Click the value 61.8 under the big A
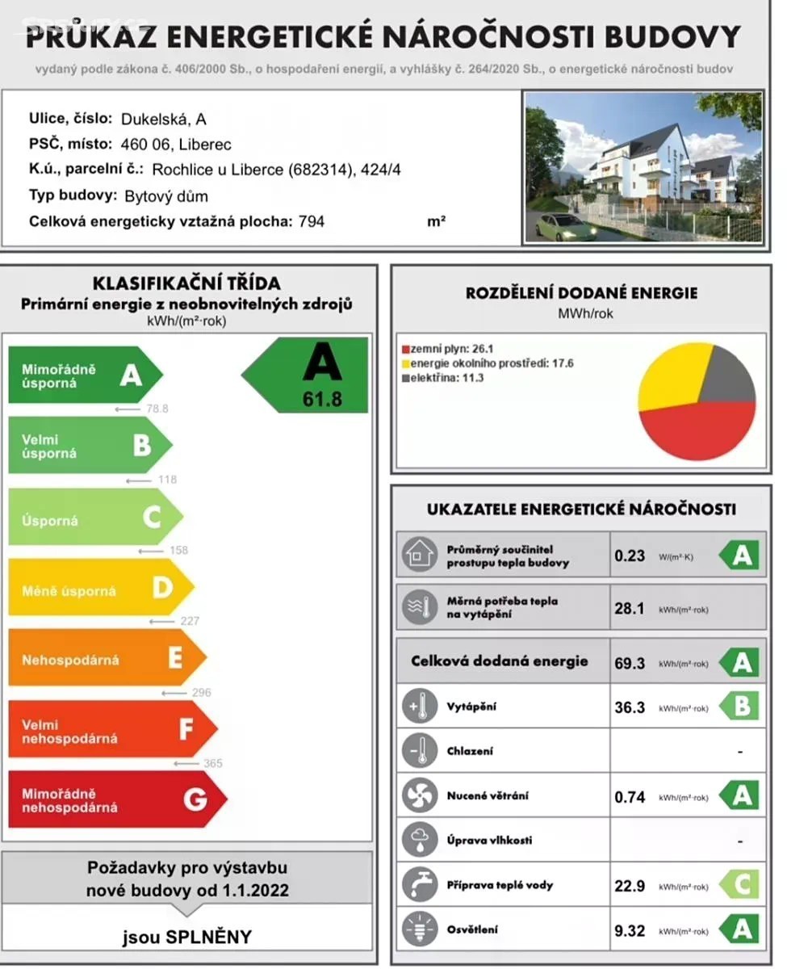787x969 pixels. click(323, 398)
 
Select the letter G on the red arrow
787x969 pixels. click(195, 799)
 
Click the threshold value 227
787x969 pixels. click(190, 621)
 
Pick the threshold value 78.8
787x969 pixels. click(157, 409)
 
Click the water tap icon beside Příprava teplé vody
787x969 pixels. click(420, 885)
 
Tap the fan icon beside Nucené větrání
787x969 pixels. click(420, 796)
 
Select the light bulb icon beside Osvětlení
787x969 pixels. click(420, 930)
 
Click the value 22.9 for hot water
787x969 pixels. click(630, 886)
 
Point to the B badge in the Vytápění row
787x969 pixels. click(742, 707)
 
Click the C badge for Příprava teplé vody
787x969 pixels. click(742, 885)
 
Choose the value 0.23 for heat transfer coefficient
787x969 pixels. click(630, 556)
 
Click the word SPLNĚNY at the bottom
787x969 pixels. click(209, 938)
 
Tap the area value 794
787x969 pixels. click(311, 220)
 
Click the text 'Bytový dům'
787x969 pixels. click(166, 196)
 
